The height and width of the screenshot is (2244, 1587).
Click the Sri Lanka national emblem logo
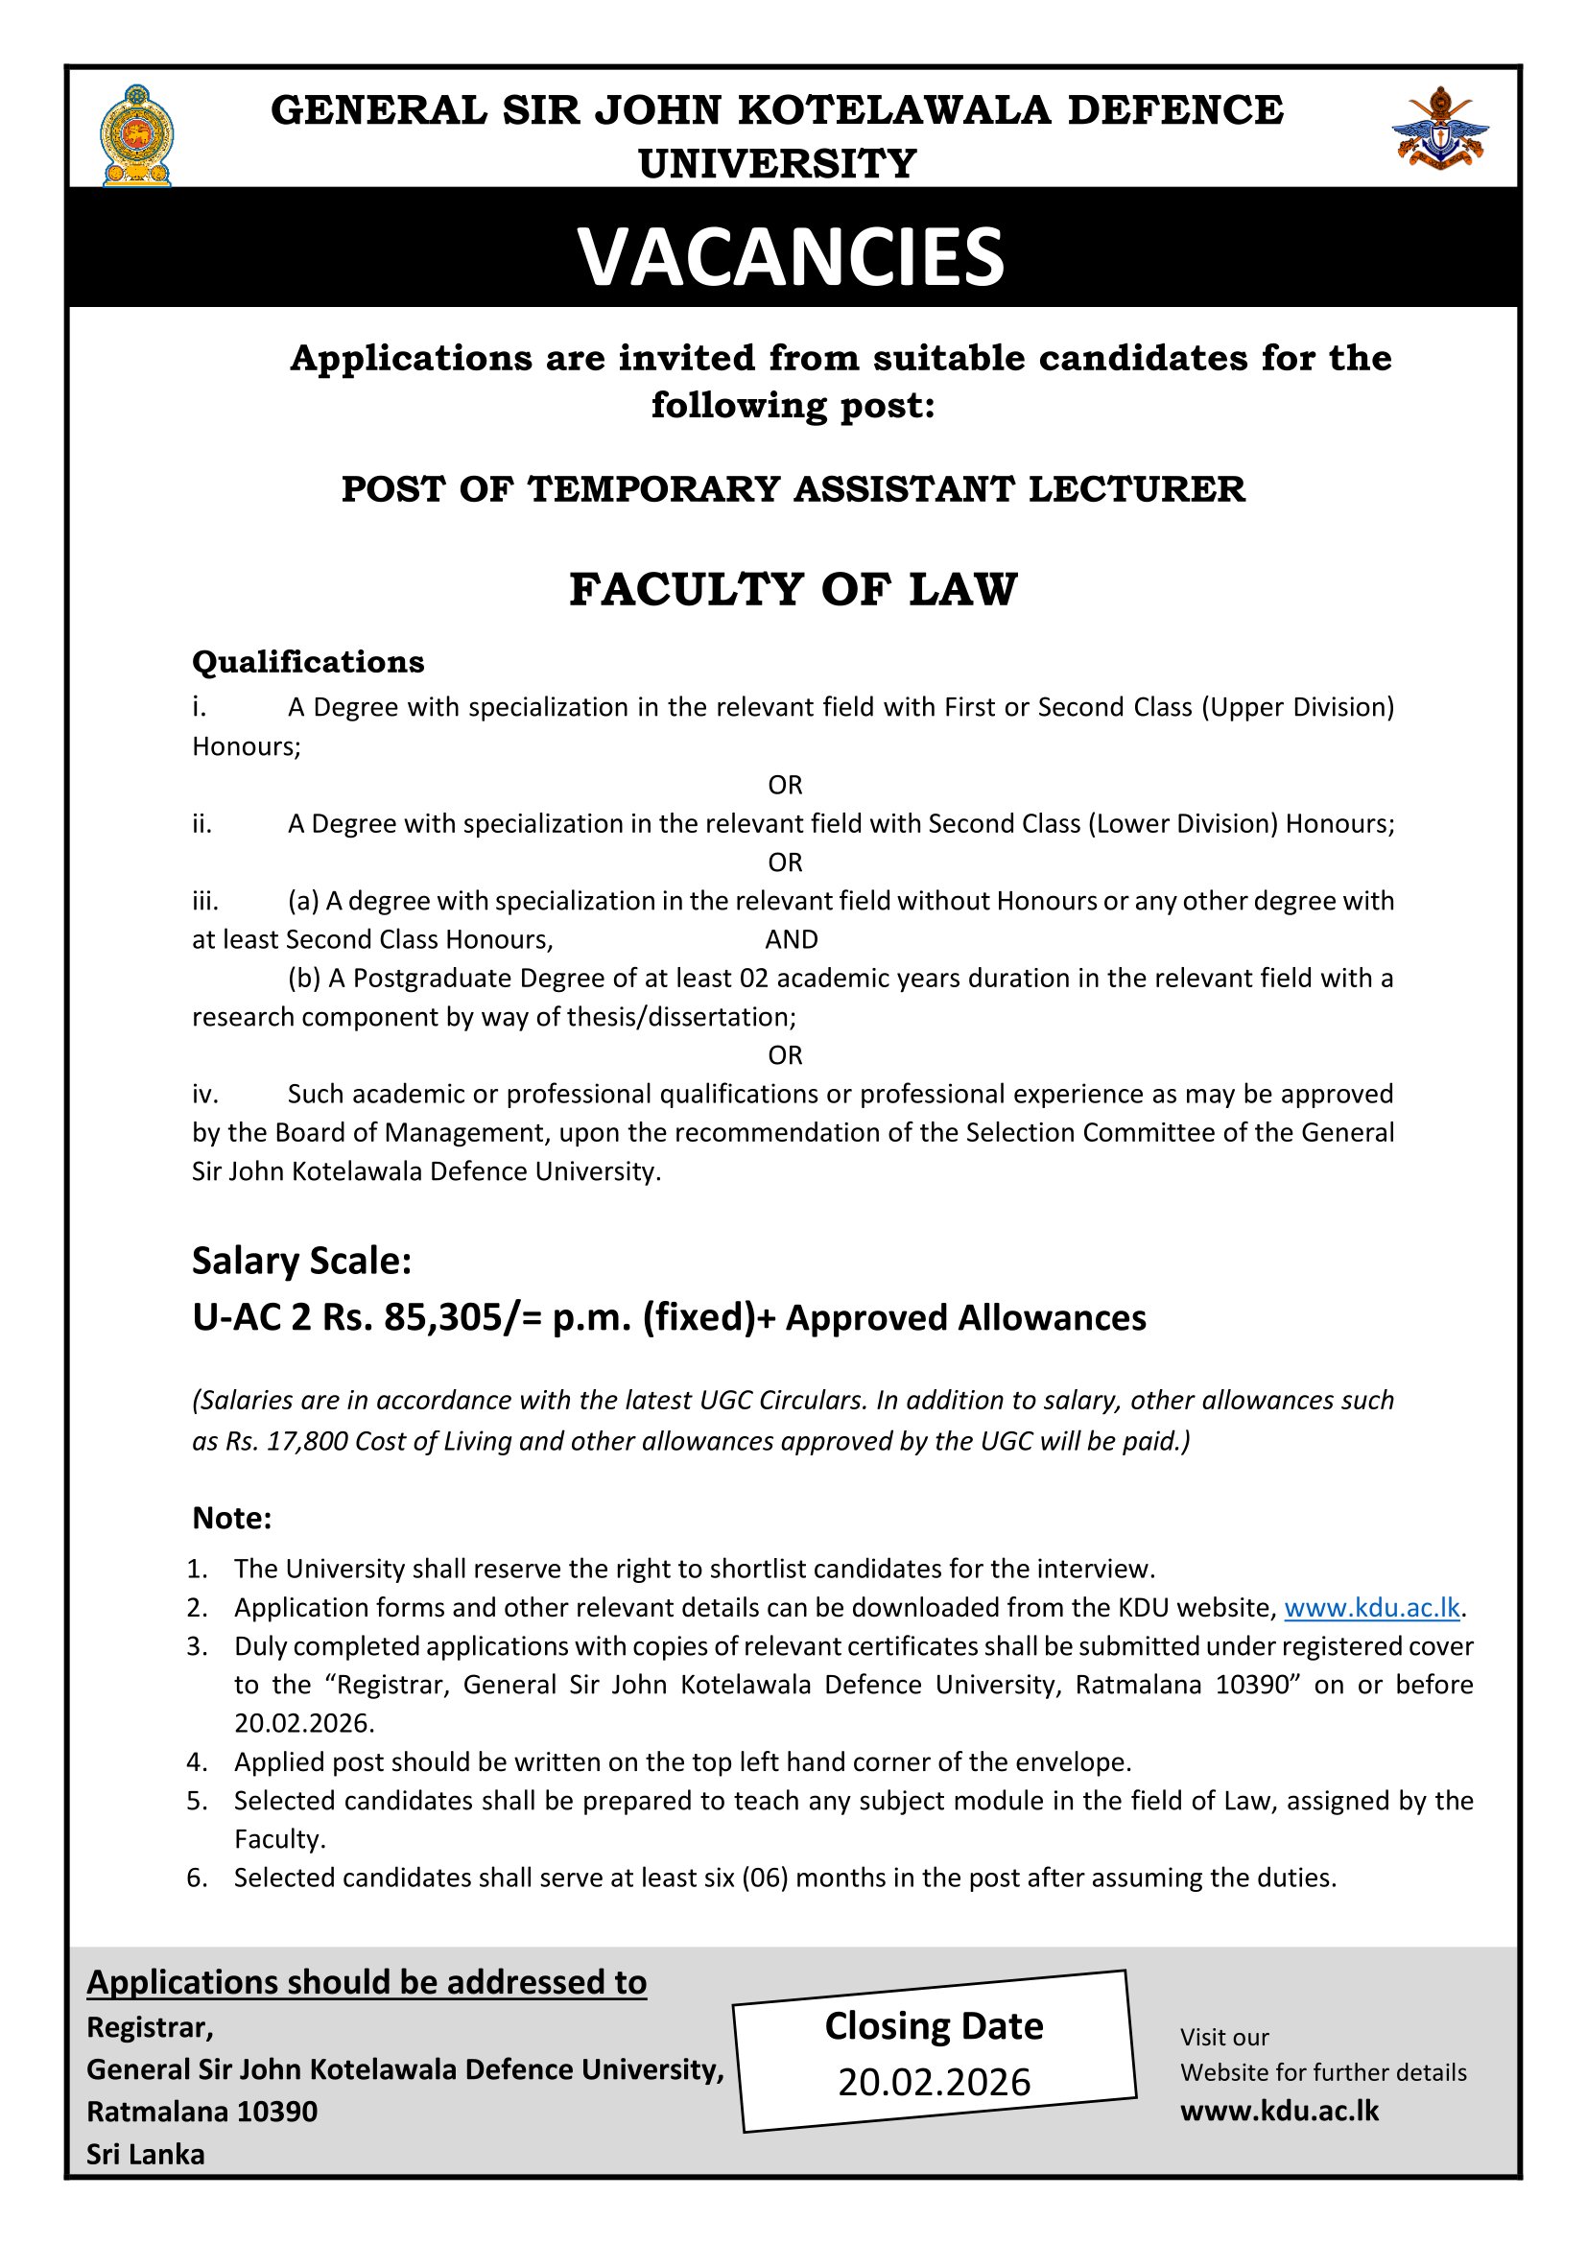(137, 136)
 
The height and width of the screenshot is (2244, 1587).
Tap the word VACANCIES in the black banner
(792, 257)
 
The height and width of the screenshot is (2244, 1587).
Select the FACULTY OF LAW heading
(793, 589)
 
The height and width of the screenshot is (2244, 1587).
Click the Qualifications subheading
(308, 662)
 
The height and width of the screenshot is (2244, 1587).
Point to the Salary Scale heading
(301, 1261)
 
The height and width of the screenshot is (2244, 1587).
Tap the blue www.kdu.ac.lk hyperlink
(1371, 1607)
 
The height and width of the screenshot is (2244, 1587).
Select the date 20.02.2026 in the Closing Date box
(934, 2082)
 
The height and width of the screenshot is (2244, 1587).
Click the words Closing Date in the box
(934, 2026)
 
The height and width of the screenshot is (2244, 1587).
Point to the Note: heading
(231, 1518)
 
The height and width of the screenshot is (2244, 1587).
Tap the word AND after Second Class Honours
(791, 939)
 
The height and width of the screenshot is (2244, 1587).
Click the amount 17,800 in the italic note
(303, 1442)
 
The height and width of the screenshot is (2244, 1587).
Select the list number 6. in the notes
(198, 1878)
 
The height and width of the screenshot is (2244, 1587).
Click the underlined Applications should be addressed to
(367, 1982)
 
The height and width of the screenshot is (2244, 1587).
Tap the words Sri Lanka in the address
(146, 2155)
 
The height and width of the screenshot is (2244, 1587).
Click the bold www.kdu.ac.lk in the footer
(1279, 2110)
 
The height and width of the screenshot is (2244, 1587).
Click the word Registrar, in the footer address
(150, 2028)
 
